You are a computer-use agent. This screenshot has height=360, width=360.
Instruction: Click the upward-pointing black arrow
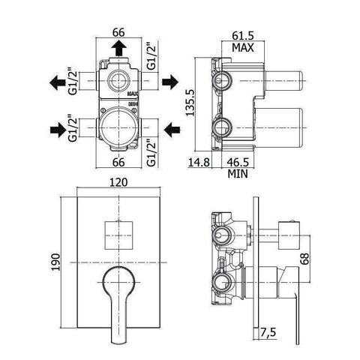(x=118, y=48)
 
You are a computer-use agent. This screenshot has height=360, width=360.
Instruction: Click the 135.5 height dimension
(x=190, y=103)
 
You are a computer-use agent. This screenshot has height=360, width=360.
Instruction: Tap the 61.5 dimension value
(x=243, y=36)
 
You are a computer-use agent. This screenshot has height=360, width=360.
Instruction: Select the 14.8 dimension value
(x=199, y=162)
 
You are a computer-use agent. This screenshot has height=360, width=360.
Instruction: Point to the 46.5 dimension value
(x=238, y=162)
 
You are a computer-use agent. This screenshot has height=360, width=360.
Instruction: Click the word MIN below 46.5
(x=238, y=174)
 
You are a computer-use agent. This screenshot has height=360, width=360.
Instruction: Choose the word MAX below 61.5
(x=243, y=47)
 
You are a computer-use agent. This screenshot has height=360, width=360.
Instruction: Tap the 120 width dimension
(x=118, y=182)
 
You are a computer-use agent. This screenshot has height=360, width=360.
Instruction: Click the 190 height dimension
(x=56, y=262)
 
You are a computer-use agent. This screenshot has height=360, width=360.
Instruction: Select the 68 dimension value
(x=304, y=259)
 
